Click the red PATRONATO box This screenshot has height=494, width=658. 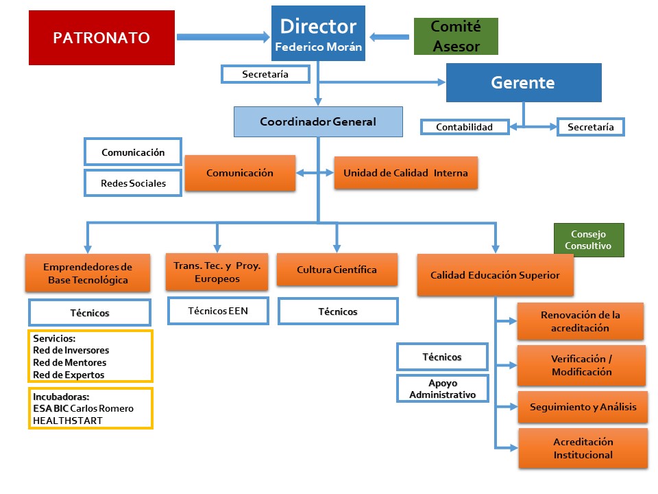pyautogui.click(x=101, y=38)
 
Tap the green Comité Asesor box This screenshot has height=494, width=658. pyautogui.click(x=456, y=36)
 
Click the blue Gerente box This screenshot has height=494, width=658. pyautogui.click(x=523, y=83)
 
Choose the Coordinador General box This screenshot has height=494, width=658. pyautogui.click(x=318, y=121)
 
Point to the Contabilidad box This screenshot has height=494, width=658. pyautogui.click(x=465, y=127)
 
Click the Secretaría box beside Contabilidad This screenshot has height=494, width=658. pyautogui.click(x=591, y=127)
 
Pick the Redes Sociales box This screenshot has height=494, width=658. pyautogui.click(x=133, y=183)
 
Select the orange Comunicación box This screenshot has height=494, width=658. pyautogui.click(x=240, y=173)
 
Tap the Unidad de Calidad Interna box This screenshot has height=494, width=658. pyautogui.click(x=406, y=173)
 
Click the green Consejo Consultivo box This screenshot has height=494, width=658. pyautogui.click(x=589, y=239)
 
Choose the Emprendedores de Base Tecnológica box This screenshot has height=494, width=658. pyautogui.click(x=88, y=273)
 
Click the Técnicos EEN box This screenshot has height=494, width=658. pyautogui.click(x=218, y=311)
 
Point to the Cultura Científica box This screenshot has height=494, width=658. pyautogui.click(x=337, y=270)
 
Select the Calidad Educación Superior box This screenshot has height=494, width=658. pyautogui.click(x=495, y=275)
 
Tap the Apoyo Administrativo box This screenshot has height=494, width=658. pyautogui.click(x=442, y=388)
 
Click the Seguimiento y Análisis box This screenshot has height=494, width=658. pyautogui.click(x=583, y=407)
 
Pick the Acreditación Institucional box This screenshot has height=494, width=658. pyautogui.click(x=583, y=448)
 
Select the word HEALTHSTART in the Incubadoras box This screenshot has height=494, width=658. pyautogui.click(x=68, y=421)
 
